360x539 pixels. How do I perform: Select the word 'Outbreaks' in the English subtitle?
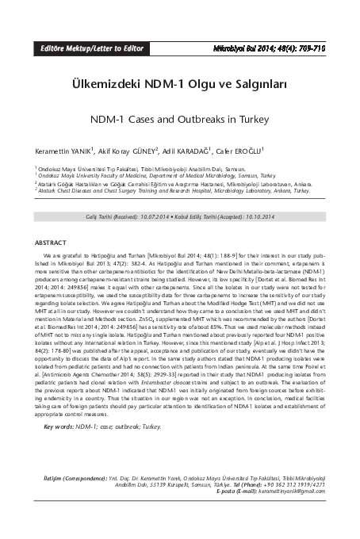(201, 120)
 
